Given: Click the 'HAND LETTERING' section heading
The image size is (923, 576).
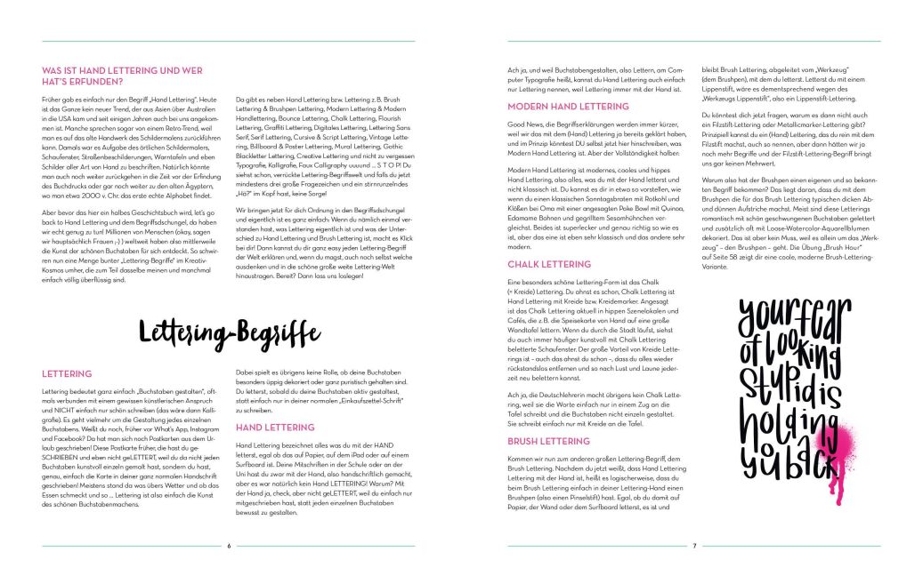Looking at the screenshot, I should [274, 428].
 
